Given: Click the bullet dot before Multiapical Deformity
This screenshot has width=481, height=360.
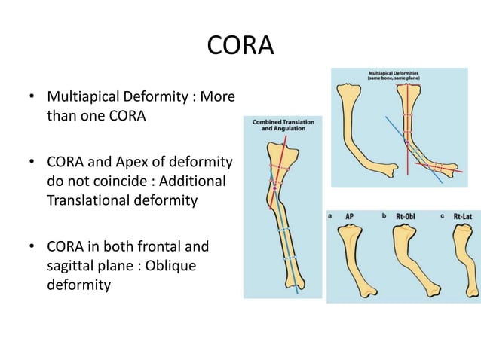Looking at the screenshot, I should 31,99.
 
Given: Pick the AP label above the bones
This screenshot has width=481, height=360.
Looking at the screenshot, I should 350,216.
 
